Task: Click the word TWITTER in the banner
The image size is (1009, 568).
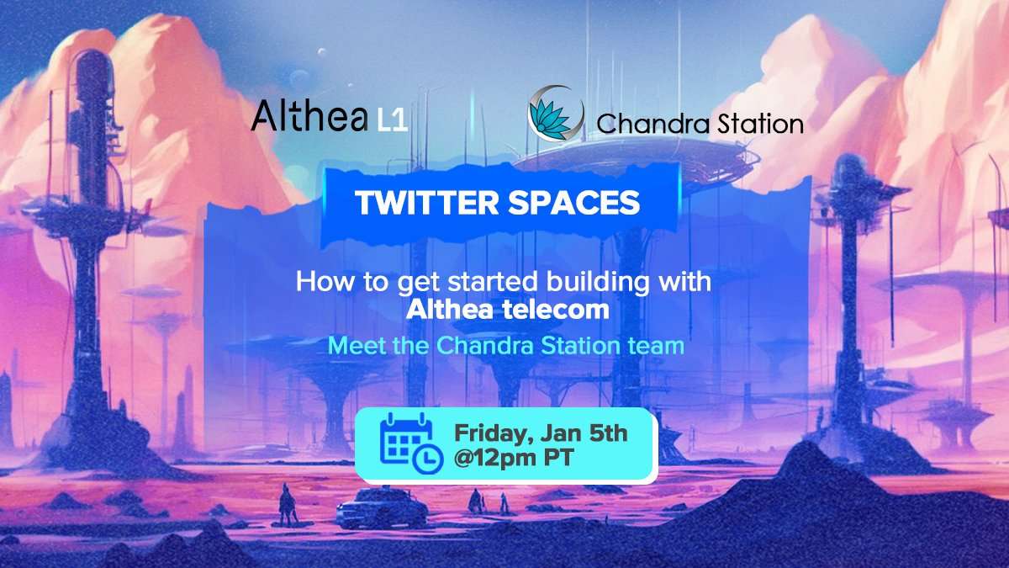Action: click(x=426, y=203)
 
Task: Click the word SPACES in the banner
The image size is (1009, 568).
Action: click(x=574, y=203)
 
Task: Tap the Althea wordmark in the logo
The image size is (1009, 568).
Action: click(x=309, y=115)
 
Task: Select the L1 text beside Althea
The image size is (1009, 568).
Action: click(x=393, y=121)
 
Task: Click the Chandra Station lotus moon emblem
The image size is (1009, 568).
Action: click(x=556, y=114)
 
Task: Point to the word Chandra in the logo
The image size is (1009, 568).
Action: click(x=653, y=124)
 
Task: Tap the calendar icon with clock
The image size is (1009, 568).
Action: click(x=411, y=443)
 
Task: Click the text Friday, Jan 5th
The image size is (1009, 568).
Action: click(x=541, y=434)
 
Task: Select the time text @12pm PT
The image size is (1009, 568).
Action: click(x=514, y=459)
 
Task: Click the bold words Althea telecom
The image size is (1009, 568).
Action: click(x=508, y=310)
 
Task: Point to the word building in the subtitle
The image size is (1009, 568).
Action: click(x=598, y=283)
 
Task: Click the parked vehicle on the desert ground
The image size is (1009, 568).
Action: click(x=382, y=508)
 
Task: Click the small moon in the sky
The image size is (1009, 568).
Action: click(x=321, y=52)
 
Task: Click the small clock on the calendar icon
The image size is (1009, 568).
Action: click(x=428, y=459)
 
